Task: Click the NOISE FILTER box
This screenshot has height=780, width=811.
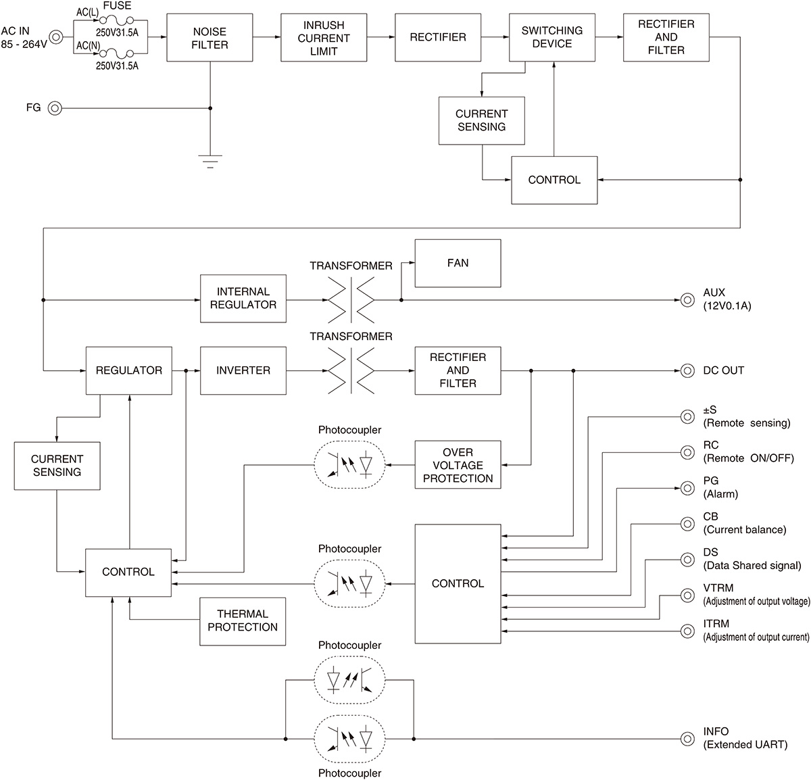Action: pos(210,38)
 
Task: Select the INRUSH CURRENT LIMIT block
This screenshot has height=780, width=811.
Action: pos(324,38)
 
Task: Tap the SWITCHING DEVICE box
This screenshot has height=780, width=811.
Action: pos(551,38)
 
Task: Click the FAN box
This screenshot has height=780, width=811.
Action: pos(458,263)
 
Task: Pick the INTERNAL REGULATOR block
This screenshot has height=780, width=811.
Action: pos(243,299)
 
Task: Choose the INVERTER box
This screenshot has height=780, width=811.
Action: pos(243,370)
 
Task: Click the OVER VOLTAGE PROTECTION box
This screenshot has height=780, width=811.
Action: pos(458,465)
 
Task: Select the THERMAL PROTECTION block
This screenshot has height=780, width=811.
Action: pos(243,620)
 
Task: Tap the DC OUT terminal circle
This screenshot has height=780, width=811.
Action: pos(687,370)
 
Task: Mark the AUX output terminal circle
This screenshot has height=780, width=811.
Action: pos(687,299)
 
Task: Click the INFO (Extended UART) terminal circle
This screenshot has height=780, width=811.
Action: pos(687,738)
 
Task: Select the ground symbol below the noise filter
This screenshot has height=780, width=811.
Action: pos(210,161)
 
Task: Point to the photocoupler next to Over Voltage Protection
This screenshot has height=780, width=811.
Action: pos(349,465)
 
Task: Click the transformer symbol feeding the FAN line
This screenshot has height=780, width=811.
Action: pos(351,299)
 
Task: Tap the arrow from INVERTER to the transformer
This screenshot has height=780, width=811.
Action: pos(307,370)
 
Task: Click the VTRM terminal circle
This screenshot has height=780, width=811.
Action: pos(687,595)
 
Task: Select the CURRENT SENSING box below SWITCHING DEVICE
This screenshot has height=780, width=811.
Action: pos(481,120)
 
